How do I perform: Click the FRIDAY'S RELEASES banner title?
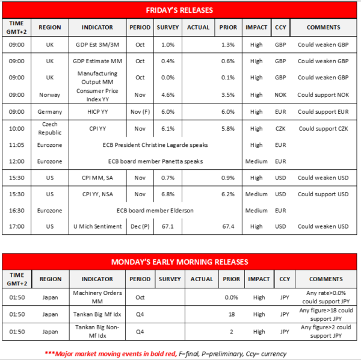pyautogui.click(x=180, y=10)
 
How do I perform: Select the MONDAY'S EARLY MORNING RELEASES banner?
pyautogui.click(x=180, y=262)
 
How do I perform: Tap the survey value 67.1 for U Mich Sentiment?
pyautogui.click(x=168, y=226)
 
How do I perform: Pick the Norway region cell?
pyautogui.click(x=50, y=95)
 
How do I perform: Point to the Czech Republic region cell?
pyautogui.click(x=50, y=128)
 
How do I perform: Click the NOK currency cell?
pyautogui.click(x=280, y=95)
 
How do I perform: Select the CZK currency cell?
pyautogui.click(x=280, y=128)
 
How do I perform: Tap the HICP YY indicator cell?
pyautogui.click(x=97, y=112)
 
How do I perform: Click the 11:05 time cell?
pyautogui.click(x=17, y=145)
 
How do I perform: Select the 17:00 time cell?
pyautogui.click(x=17, y=226)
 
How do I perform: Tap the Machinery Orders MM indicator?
pyautogui.click(x=97, y=297)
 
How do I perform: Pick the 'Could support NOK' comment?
pyautogui.click(x=323, y=95)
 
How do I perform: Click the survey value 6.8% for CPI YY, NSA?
pyautogui.click(x=168, y=194)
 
